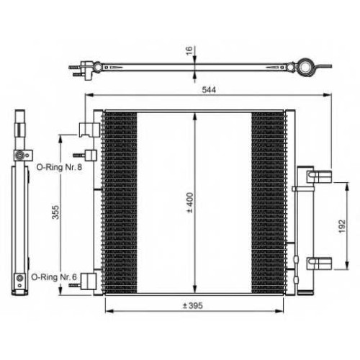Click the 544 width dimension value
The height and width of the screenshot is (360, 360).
(209, 90)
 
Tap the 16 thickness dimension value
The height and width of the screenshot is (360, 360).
(189, 50)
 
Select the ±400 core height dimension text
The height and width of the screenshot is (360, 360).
(190, 203)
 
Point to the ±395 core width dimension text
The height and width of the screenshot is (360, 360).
(193, 305)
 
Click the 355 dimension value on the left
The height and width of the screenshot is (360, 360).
(55, 212)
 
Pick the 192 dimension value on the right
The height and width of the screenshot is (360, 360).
(342, 226)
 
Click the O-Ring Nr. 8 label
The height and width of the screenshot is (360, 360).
(59, 167)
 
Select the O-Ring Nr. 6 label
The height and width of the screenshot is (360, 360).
(54, 277)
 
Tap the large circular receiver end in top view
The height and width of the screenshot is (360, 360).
(305, 67)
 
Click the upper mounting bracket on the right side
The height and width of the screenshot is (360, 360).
(319, 176)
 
